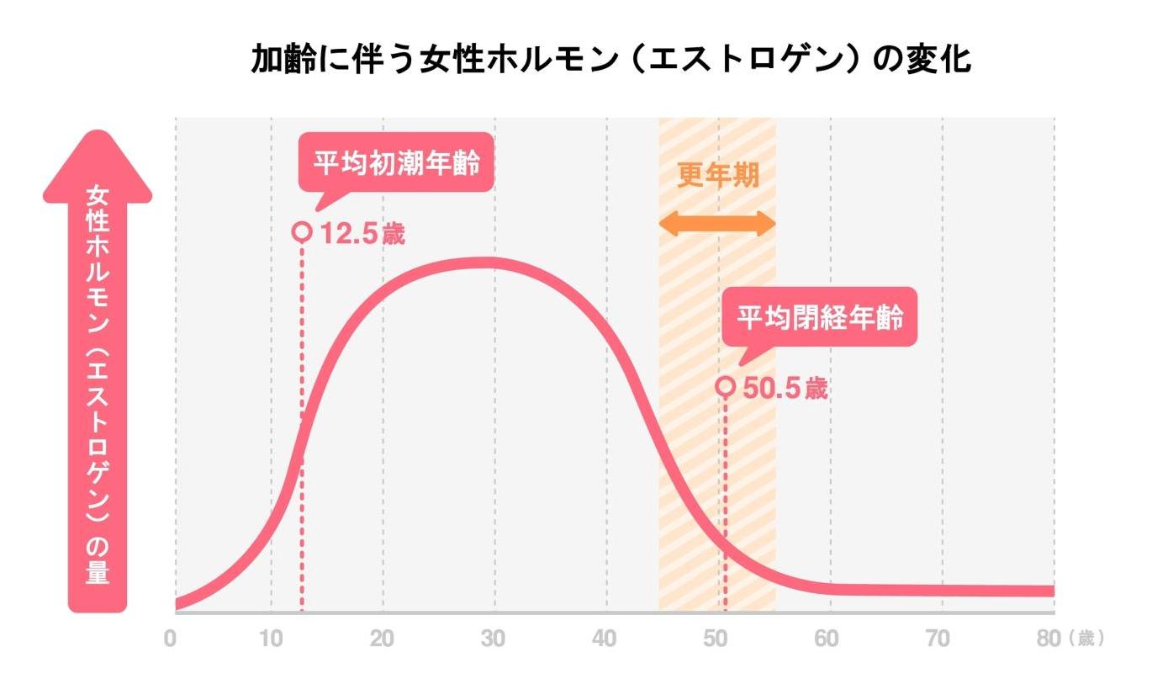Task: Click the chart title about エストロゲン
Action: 611,61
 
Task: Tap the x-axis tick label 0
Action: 171,639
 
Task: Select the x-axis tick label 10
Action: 271,639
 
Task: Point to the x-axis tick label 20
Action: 382,639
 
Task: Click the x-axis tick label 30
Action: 494,639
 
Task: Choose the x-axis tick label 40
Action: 605,639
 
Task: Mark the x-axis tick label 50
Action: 716,639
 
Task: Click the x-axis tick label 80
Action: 1049,639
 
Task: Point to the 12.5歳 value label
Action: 362,234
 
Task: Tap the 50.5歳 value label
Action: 785,390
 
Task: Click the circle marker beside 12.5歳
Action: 302,232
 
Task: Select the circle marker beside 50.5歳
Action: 726,387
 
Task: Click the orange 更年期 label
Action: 718,176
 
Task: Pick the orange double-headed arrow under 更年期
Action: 717,223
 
